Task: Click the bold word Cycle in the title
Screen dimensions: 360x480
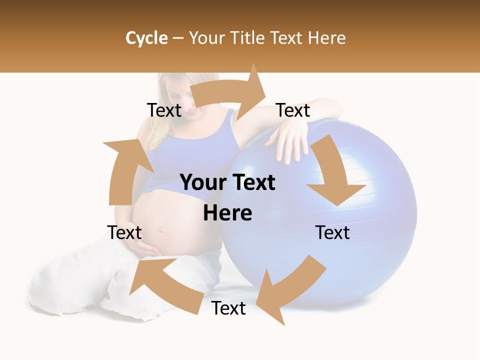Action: pos(146,38)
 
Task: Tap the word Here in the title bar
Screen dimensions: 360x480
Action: pos(326,38)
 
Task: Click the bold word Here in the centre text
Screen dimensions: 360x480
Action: pos(227,213)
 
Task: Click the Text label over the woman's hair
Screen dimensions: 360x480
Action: pos(164,110)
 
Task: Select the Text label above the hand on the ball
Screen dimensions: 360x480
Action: pos(293,110)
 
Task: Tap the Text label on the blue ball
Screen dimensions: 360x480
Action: pos(332,232)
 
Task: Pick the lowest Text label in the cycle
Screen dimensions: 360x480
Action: pos(228,308)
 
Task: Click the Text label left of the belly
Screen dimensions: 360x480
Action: pos(124,232)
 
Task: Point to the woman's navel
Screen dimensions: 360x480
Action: pos(161,231)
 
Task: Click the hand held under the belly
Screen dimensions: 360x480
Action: pos(147,247)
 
